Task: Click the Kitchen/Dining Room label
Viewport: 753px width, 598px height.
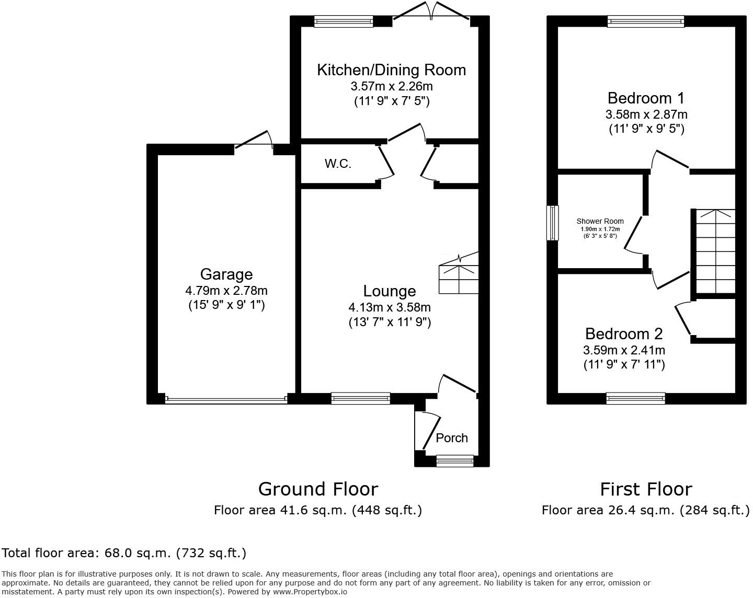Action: pyautogui.click(x=391, y=70)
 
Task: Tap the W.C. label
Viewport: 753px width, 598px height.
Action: pyautogui.click(x=338, y=164)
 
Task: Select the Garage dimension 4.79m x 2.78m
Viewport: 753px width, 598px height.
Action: pyautogui.click(x=226, y=291)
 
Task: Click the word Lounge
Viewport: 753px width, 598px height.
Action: pyautogui.click(x=390, y=291)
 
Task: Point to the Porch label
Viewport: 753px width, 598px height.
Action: pyautogui.click(x=452, y=438)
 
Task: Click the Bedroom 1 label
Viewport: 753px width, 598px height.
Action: pyautogui.click(x=646, y=98)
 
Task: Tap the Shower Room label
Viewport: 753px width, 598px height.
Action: pyautogui.click(x=600, y=221)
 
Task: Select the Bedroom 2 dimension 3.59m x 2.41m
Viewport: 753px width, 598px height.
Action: pyautogui.click(x=624, y=350)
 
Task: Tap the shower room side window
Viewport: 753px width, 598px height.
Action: pyautogui.click(x=552, y=223)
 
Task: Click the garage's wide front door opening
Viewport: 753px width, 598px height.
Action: pyautogui.click(x=226, y=399)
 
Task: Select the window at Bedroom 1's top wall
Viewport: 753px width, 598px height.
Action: pyautogui.click(x=645, y=21)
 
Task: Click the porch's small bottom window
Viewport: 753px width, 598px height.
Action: pyautogui.click(x=454, y=461)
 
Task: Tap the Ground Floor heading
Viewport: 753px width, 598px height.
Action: pyautogui.click(x=318, y=489)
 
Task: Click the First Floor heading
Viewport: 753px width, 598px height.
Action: pyautogui.click(x=645, y=489)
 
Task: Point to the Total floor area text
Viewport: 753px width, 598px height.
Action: pyautogui.click(x=124, y=553)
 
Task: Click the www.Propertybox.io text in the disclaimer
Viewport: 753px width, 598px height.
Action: pyautogui.click(x=309, y=592)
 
